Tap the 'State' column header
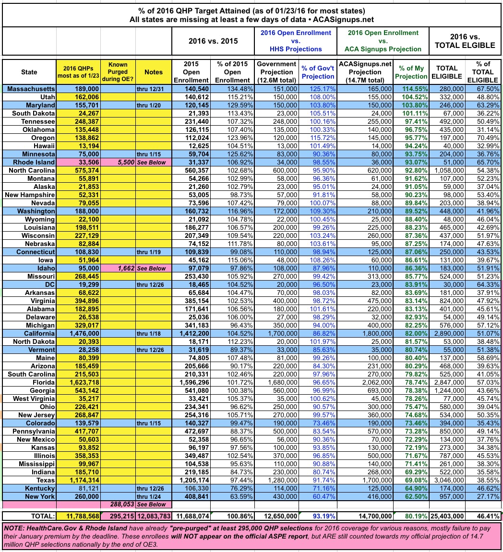(28, 72)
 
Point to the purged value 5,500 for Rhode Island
(123, 163)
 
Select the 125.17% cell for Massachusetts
(317, 89)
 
